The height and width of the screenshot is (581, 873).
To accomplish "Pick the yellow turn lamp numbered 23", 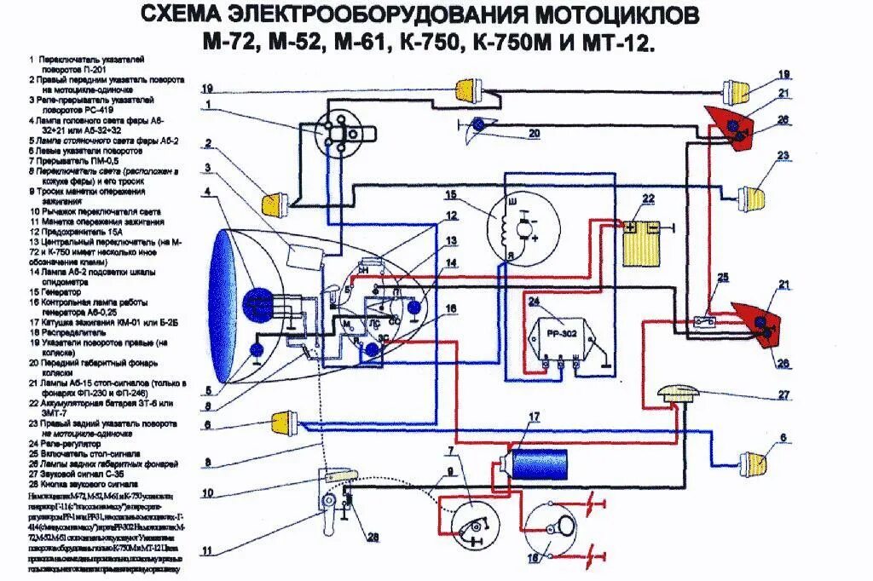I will (751, 197).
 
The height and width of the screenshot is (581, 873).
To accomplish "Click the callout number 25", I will (723, 278).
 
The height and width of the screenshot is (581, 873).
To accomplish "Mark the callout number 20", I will (534, 133).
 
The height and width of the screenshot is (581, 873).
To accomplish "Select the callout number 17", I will (534, 417).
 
